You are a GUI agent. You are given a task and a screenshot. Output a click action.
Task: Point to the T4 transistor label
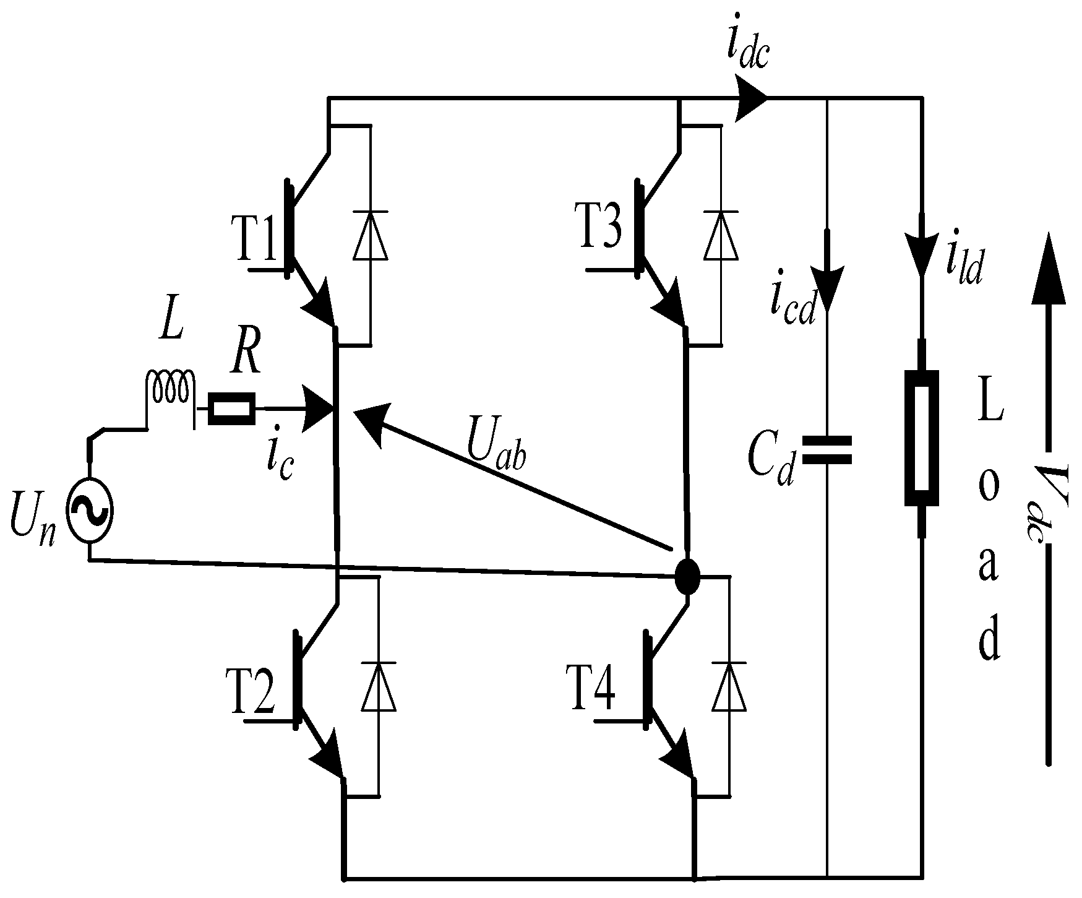click(591, 687)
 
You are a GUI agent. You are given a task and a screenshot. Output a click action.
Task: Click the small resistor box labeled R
click(231, 408)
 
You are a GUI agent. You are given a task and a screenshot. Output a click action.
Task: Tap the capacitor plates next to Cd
click(827, 450)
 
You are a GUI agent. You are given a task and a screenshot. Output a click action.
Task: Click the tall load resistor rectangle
click(922, 438)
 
